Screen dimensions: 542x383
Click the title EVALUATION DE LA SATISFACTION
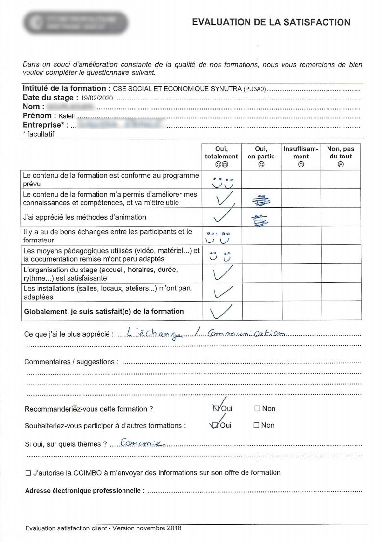point(271,22)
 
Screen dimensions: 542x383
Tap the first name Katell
point(67,116)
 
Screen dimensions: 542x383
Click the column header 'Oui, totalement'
point(221,153)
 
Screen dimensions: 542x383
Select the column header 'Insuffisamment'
point(301,153)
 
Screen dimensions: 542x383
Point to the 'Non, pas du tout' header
point(341,153)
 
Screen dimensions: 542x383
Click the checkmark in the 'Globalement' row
point(221,311)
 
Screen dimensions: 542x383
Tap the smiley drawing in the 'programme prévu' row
point(221,182)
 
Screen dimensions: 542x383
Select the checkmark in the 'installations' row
point(221,291)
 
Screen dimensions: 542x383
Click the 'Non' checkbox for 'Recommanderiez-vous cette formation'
point(257,409)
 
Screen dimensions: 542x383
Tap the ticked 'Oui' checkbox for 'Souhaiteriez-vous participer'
point(215,426)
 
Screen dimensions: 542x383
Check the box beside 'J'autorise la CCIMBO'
point(28,473)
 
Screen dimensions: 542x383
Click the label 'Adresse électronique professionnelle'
point(84,491)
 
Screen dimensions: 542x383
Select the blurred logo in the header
point(76,23)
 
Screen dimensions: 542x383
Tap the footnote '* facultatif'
point(38,134)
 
